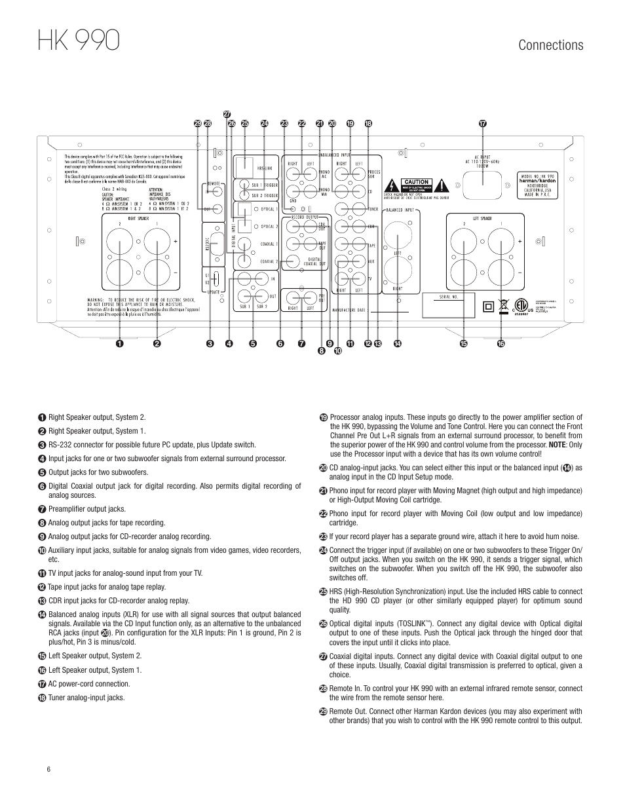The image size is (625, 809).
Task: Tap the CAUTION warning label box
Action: tap(416, 182)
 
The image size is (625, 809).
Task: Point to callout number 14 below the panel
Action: tap(397, 343)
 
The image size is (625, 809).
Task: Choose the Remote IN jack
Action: tap(218, 192)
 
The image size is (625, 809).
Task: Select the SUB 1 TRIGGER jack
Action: tap(244, 185)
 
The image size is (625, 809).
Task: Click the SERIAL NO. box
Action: tap(445, 297)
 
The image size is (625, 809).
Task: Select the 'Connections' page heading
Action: tap(550, 45)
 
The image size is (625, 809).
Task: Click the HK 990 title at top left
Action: tap(78, 41)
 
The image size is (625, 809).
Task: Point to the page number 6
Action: tap(48, 769)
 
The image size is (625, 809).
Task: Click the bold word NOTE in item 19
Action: tap(558, 444)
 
